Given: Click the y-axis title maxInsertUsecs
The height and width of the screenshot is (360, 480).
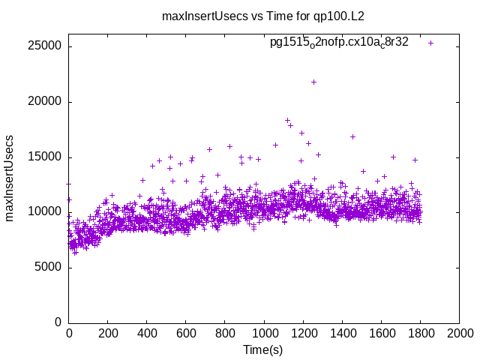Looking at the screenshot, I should click(x=10, y=178).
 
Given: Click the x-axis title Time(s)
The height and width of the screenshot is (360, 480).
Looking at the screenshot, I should click(x=262, y=349).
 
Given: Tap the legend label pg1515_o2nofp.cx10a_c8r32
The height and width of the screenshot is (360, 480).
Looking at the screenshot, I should click(x=339, y=43).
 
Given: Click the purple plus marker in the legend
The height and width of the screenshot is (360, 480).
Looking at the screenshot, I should click(x=430, y=43).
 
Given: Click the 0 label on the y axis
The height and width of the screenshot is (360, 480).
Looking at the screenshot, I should click(x=58, y=322).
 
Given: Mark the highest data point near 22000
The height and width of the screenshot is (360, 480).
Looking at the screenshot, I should click(x=313, y=82).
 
